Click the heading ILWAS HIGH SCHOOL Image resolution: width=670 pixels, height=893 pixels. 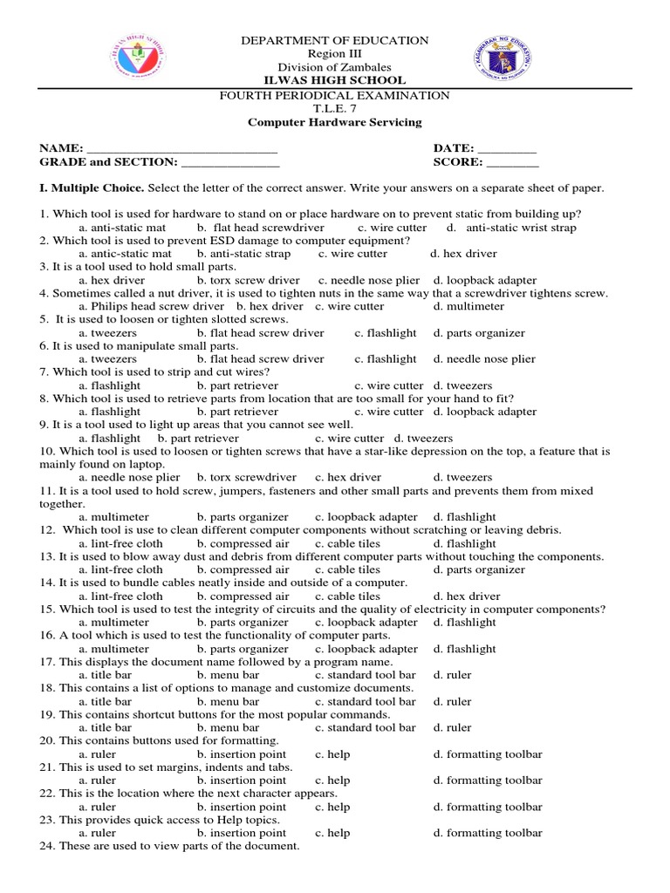[334, 81]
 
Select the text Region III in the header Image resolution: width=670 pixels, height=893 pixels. [334, 54]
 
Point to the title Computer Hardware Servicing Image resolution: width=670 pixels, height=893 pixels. [334, 123]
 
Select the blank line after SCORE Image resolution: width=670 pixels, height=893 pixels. [512, 163]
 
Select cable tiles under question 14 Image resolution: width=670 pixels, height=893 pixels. [347, 596]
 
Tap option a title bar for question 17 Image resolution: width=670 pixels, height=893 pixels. [106, 675]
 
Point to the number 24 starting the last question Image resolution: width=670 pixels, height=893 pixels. [46, 846]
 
